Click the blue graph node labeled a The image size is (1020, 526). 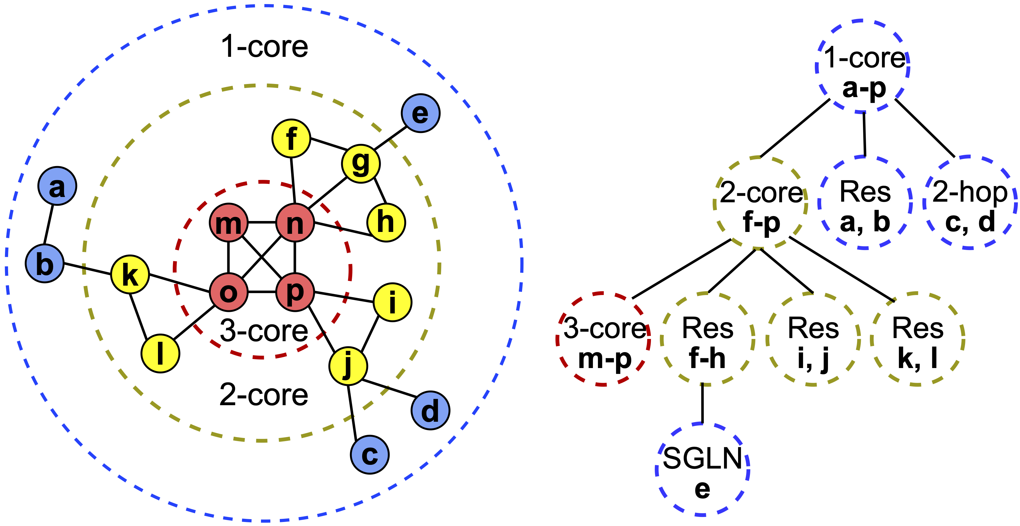57,186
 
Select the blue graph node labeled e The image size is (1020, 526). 420,113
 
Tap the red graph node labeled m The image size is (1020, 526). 229,223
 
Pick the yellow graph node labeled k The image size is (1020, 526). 130,274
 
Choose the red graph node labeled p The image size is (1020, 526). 295,292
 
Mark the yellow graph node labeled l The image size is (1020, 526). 160,353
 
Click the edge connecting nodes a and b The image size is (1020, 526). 48,224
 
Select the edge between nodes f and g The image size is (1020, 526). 329,144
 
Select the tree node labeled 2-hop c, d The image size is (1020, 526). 970,203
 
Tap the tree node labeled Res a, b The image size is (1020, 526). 865,203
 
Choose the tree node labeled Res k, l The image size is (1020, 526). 918,339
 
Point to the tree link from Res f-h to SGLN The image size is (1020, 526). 702,404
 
